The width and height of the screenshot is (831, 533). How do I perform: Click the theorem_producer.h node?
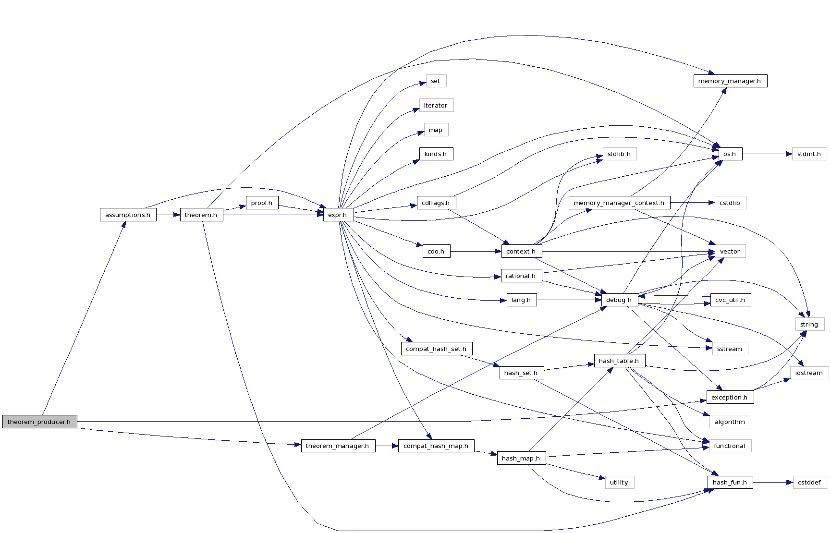39,422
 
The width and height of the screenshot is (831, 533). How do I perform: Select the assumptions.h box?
128,215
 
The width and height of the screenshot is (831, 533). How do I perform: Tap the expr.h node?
338,215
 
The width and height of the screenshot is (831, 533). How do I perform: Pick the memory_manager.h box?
730,81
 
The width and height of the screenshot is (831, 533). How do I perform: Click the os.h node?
730,154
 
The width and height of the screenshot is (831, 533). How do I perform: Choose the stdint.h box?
809,154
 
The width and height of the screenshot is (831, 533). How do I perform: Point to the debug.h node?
619,300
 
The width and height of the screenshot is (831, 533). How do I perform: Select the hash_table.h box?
619,361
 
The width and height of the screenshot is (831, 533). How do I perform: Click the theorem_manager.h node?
338,446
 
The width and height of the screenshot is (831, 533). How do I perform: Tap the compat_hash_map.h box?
436,446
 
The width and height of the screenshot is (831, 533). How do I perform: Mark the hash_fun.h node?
730,482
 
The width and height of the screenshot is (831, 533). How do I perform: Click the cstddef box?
809,482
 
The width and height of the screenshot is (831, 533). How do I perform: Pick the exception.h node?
730,397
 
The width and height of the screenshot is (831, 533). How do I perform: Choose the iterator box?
436,105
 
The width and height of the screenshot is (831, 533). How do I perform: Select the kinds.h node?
436,154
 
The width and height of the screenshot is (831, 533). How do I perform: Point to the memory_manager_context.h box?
619,203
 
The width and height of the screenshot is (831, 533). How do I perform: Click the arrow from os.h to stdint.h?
767,154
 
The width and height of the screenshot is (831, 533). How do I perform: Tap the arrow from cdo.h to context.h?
476,251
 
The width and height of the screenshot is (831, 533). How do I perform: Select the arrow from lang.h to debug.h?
569,300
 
